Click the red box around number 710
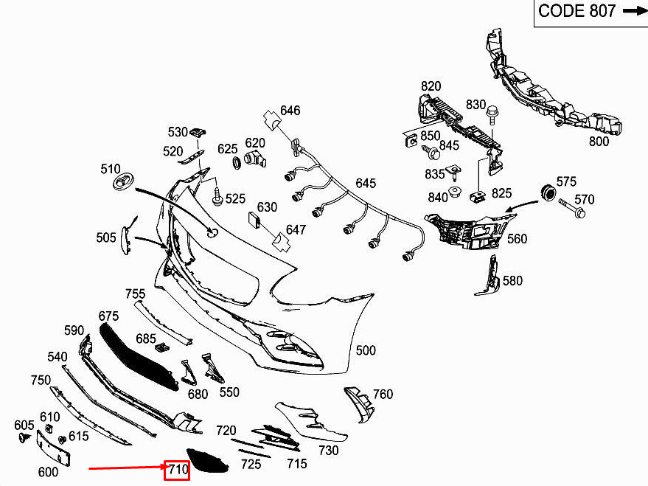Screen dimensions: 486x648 tap(177, 468)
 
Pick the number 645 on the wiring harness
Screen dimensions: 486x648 tap(366, 183)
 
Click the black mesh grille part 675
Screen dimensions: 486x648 tap(140, 354)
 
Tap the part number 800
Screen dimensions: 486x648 tap(599, 142)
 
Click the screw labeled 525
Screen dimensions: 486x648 tap(218, 197)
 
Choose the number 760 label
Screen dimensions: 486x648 tap(383, 395)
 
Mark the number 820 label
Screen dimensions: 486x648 tap(431, 86)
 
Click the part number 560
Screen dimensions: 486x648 tap(518, 238)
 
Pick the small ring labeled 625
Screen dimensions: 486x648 tap(237, 162)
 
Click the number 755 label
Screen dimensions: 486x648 tap(135, 294)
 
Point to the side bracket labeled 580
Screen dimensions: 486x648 tap(487, 276)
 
